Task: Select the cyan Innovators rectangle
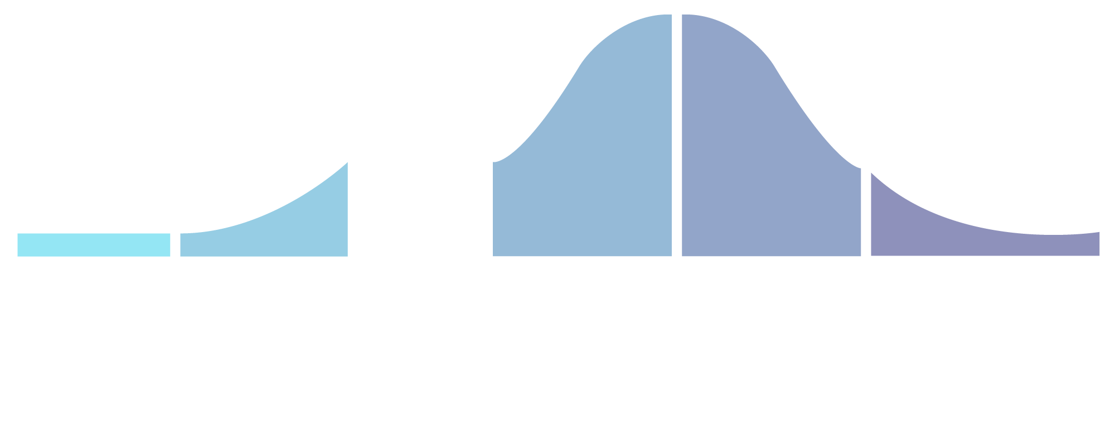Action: click(94, 245)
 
